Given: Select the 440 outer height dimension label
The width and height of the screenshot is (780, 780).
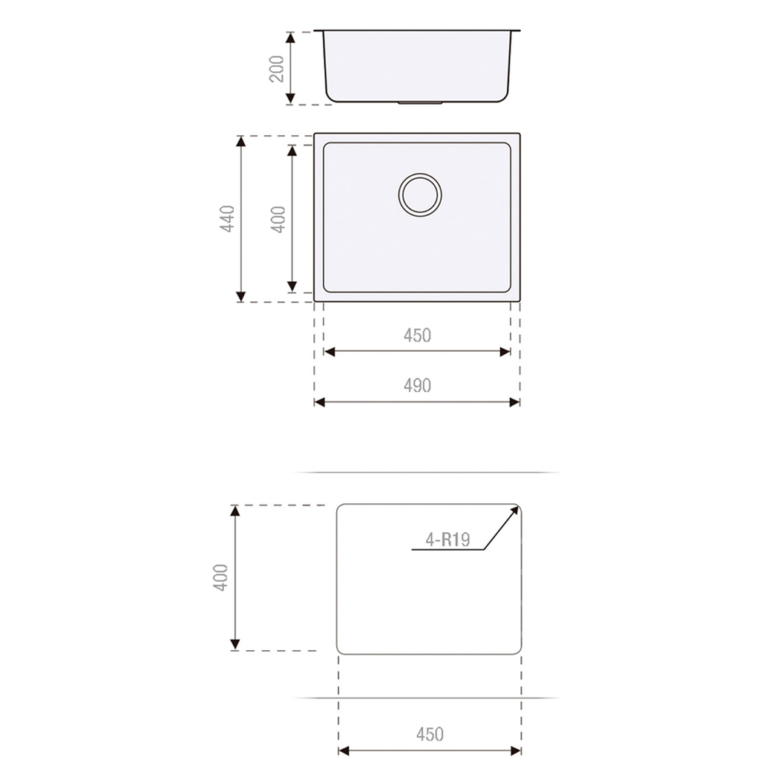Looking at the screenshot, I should click(x=227, y=219).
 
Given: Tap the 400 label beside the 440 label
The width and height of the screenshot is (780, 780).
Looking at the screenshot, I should click(x=278, y=219).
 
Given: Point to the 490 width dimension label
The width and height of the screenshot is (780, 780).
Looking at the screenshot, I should click(x=417, y=385).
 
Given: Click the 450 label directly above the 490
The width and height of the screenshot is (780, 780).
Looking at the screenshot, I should click(x=417, y=335).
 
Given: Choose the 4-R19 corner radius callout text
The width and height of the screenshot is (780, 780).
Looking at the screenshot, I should click(x=448, y=540).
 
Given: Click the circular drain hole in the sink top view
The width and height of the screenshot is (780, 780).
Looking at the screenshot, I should click(x=420, y=194).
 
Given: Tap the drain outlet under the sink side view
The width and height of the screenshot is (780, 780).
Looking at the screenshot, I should click(x=420, y=103).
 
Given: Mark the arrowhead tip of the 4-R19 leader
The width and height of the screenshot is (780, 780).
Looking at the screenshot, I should click(x=517, y=507).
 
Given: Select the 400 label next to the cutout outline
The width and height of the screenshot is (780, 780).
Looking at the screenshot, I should click(x=220, y=577).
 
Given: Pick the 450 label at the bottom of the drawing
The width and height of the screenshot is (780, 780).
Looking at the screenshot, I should click(x=430, y=734).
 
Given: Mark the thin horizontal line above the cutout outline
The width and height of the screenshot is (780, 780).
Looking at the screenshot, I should click(x=426, y=472).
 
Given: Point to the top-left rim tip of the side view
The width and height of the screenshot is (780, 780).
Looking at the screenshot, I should click(x=316, y=31).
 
